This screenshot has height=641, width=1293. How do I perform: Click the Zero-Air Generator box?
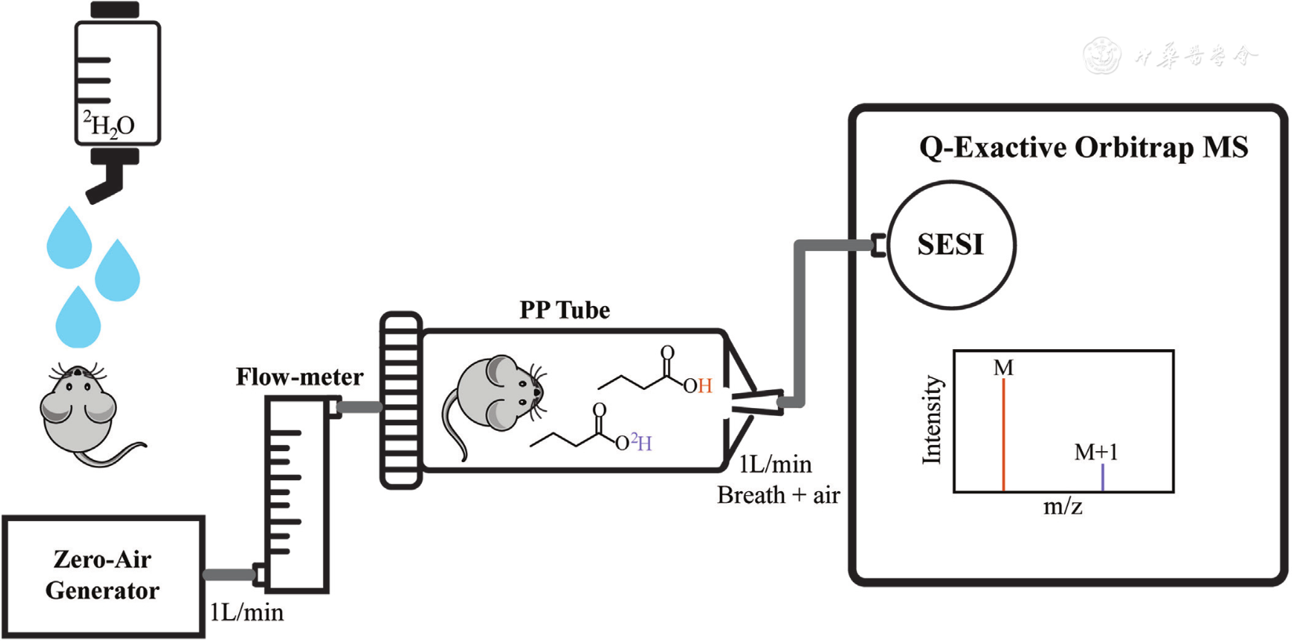pos(103,576)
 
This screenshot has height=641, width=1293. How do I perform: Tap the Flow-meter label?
pos(300,377)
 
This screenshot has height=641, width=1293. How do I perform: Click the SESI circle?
pos(951,245)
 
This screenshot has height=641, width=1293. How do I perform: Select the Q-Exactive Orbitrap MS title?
pos(1084,148)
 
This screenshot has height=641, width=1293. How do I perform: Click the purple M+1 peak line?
pos(1102,478)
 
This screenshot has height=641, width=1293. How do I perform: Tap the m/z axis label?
pos(1062,507)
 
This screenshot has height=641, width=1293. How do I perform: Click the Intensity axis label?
pos(932,420)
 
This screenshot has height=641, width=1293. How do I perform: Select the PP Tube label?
pos(565,310)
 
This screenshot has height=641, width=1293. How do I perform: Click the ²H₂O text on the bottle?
pos(109,124)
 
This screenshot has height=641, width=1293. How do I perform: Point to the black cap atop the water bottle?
pos(115,10)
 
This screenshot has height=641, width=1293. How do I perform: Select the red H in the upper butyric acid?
pos(705,386)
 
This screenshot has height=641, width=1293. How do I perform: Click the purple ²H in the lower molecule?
pos(642,443)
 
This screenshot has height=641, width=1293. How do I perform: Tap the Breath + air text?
pos(778,495)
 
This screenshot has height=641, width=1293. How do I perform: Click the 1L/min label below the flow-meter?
pos(247,612)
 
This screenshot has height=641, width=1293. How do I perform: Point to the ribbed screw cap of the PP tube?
pos(401,400)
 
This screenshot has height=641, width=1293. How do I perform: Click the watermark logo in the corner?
pos(1102,56)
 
